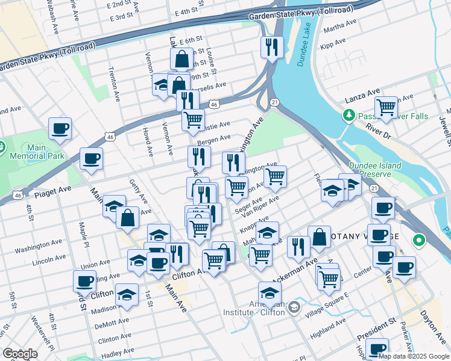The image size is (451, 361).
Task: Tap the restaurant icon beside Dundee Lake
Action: [x=272, y=47]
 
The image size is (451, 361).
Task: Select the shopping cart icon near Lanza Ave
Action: [x=385, y=107]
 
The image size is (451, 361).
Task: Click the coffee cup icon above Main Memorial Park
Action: [x=60, y=128]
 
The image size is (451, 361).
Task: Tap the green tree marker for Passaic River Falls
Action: [x=348, y=114]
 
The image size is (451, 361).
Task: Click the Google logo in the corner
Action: [x=20, y=354]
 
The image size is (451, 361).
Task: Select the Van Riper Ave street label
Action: [x=262, y=205]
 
